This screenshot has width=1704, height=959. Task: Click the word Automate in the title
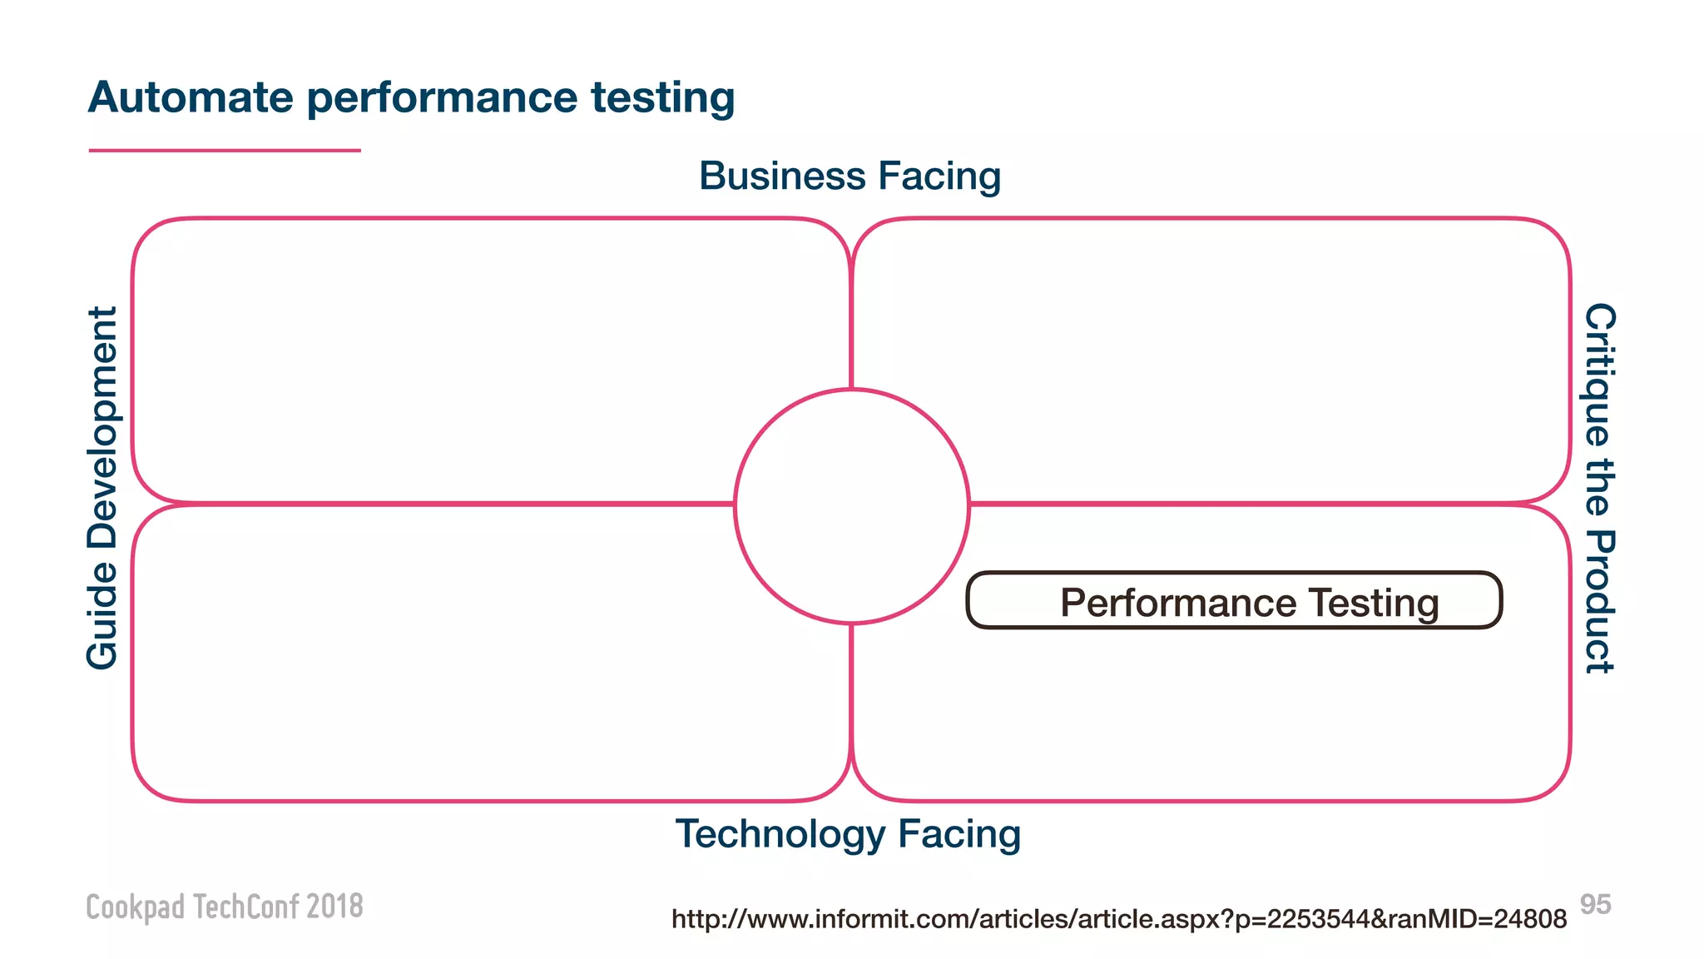pyautogui.click(x=191, y=97)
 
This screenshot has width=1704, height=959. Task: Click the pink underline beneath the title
pyautogui.click(x=225, y=151)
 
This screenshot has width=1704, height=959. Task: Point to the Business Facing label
pyautogui.click(x=850, y=176)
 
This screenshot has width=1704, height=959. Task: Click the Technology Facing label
pyautogui.click(x=848, y=834)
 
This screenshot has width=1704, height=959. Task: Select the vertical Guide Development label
pyautogui.click(x=103, y=488)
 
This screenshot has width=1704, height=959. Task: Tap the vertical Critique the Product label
pyautogui.click(x=1598, y=488)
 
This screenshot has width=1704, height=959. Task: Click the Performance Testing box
pyautogui.click(x=1234, y=600)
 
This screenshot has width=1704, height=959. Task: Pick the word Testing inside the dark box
pyautogui.click(x=1373, y=603)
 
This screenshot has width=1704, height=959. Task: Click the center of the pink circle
pyautogui.click(x=852, y=506)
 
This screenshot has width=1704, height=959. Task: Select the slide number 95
pyautogui.click(x=1595, y=904)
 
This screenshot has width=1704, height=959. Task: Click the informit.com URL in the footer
pyautogui.click(x=1119, y=919)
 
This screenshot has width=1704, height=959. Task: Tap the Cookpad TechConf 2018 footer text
pyautogui.click(x=225, y=907)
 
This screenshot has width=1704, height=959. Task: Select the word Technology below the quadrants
pyautogui.click(x=780, y=835)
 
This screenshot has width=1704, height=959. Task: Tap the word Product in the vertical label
pyautogui.click(x=1598, y=602)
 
